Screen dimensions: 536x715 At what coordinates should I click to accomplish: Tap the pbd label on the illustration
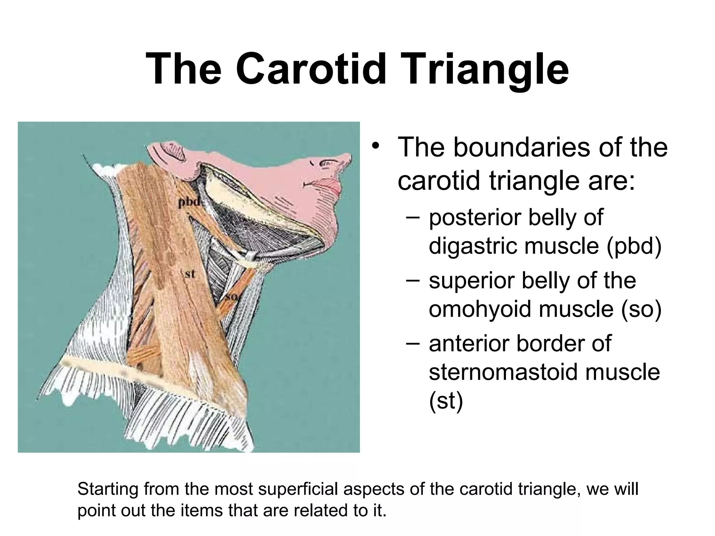(x=190, y=202)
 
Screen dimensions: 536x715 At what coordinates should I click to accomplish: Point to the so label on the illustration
(x=231, y=297)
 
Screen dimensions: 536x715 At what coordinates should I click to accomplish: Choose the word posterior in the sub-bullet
(x=475, y=217)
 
